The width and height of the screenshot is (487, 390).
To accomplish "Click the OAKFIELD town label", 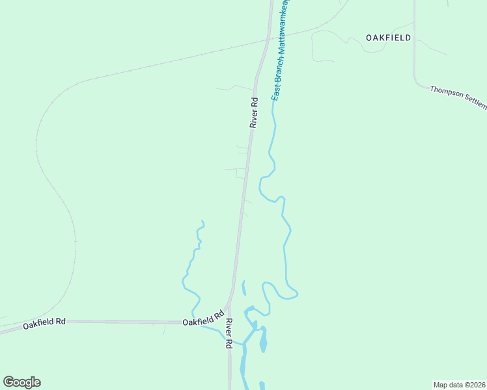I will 388,38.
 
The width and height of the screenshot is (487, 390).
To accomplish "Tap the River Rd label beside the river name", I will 255,112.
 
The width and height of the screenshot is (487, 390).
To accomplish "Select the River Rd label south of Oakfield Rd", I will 229,333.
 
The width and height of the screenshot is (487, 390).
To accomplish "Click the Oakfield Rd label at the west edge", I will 45,322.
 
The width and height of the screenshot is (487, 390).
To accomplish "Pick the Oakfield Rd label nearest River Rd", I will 199,321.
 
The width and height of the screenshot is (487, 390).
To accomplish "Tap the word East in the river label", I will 275,92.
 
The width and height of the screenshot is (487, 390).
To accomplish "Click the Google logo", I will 21,382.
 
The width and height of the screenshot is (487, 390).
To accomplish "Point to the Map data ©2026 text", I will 459,385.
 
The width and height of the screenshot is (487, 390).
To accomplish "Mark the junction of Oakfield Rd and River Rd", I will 229,321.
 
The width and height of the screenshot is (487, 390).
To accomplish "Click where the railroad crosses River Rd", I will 264,43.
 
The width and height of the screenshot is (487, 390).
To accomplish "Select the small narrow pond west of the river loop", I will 244,288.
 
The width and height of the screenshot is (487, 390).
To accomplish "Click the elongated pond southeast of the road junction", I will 263,340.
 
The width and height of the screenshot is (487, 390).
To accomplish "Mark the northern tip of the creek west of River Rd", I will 201,222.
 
